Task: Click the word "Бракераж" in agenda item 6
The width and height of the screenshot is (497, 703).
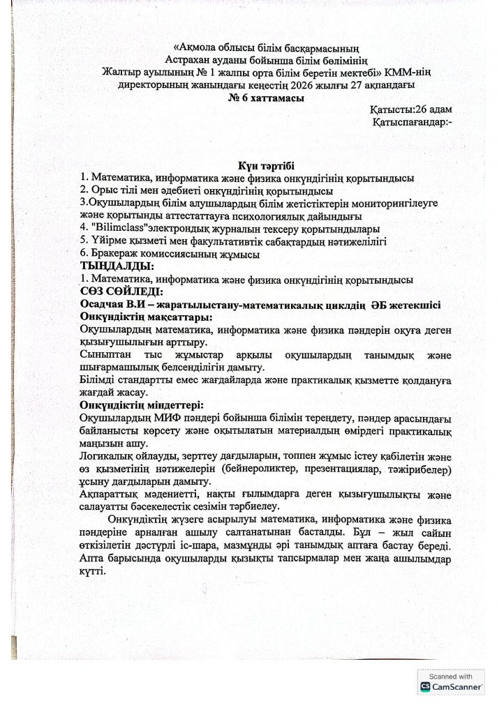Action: click(112, 255)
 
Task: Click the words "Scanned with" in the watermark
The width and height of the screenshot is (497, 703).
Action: click(452, 676)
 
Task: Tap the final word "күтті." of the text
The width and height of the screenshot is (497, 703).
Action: click(93, 570)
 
